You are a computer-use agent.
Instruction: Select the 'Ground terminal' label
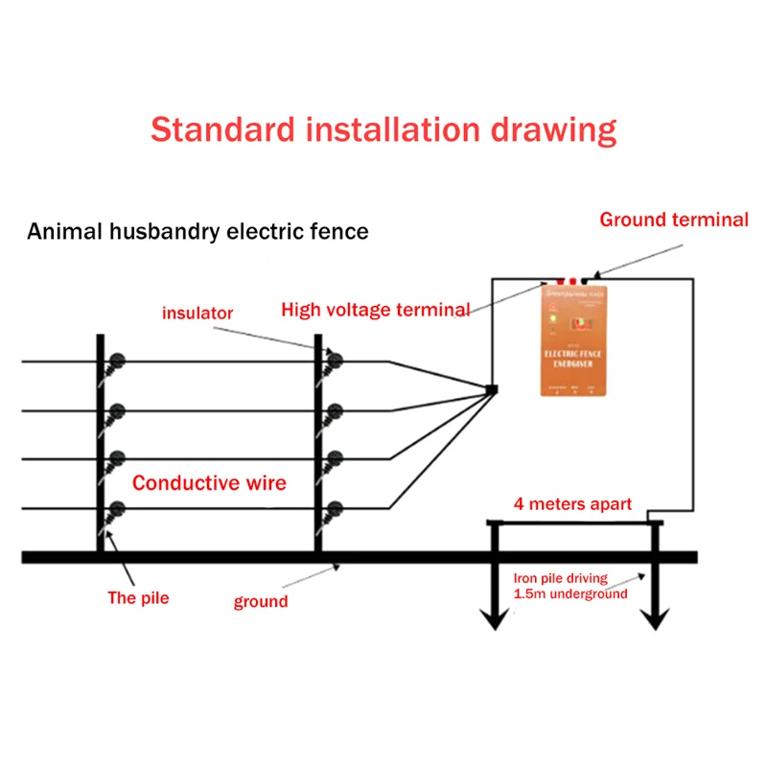click(x=674, y=220)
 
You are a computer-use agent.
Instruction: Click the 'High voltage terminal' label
click(x=375, y=310)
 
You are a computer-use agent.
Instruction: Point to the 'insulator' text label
click(x=198, y=313)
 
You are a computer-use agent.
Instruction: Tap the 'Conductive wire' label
click(x=209, y=482)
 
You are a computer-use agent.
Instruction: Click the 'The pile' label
click(x=139, y=599)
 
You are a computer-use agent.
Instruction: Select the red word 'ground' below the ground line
click(x=261, y=601)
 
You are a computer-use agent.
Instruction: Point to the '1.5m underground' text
click(x=570, y=593)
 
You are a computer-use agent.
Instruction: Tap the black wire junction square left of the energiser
click(x=492, y=389)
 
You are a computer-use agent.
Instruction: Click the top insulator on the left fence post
click(x=117, y=361)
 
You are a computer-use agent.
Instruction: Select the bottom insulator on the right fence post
click(x=335, y=509)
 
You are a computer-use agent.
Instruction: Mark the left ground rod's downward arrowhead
click(x=495, y=620)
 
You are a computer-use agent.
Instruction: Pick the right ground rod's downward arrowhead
click(x=655, y=620)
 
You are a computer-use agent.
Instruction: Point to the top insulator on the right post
click(x=335, y=361)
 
